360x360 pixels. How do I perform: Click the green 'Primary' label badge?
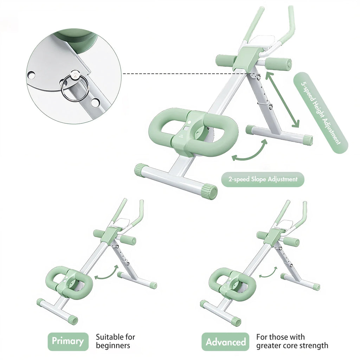[68, 341]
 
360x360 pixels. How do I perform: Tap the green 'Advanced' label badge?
[226, 342]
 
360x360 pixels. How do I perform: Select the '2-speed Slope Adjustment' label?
[263, 179]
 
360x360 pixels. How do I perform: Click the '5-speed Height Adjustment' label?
[320, 112]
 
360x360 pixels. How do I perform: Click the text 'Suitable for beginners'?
[115, 341]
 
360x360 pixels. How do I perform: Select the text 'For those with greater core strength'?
[292, 341]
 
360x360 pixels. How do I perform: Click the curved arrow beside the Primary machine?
[107, 273]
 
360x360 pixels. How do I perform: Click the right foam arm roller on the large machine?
[278, 64]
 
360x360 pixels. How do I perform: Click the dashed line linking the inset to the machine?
[176, 74]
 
